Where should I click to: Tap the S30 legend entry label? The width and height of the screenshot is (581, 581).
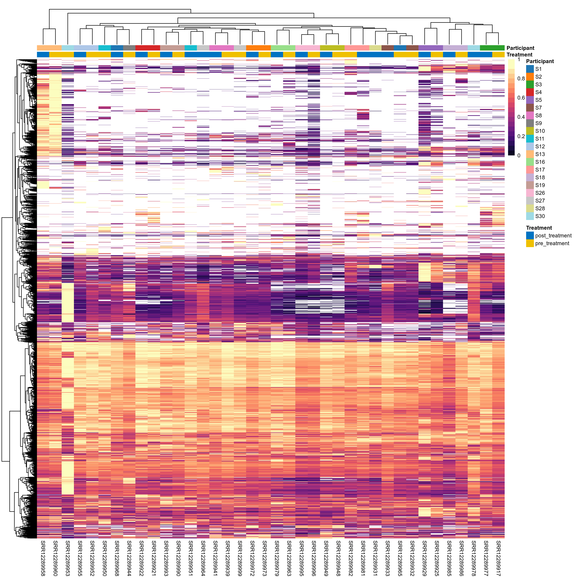click(x=540, y=216)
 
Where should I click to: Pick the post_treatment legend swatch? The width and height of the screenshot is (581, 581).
click(x=530, y=235)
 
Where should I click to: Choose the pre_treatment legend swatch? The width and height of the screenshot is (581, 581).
click(x=530, y=243)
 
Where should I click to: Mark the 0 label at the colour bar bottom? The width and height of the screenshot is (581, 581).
click(x=519, y=155)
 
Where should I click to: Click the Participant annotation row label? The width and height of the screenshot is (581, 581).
click(x=520, y=48)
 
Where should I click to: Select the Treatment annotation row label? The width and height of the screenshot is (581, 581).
click(x=519, y=55)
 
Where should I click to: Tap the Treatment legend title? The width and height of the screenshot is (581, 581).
click(x=539, y=228)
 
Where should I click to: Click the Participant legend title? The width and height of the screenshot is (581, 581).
click(x=540, y=61)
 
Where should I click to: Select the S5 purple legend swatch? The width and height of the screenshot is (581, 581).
click(x=530, y=100)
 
